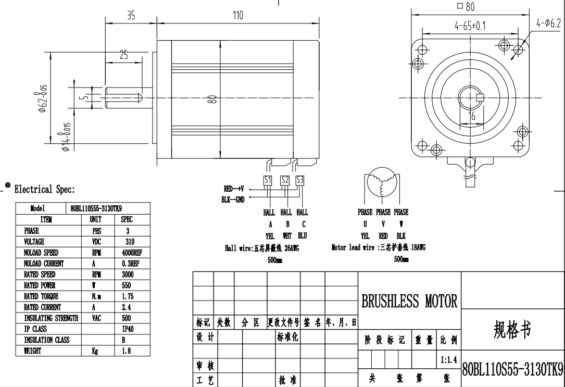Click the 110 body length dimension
(x=237, y=16)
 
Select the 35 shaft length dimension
(x=131, y=16)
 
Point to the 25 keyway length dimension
(x=124, y=55)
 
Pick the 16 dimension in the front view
(x=472, y=117)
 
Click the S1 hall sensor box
(x=268, y=180)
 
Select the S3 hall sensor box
(x=300, y=180)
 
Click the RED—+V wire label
(x=234, y=189)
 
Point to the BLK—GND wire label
(x=234, y=199)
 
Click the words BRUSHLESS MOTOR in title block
(x=409, y=301)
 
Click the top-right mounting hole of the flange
(x=518, y=49)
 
